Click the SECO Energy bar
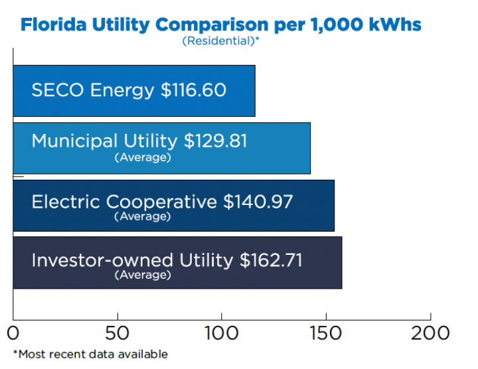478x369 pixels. point(133,90)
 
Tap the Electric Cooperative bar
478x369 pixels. point(173,205)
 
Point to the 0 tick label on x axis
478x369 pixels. point(14,332)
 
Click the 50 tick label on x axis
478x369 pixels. point(118,332)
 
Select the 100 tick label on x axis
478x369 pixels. point(222,332)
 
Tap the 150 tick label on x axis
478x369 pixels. point(326,332)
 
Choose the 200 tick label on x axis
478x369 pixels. point(430,332)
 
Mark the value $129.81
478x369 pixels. point(215,141)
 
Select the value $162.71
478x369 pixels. point(270,259)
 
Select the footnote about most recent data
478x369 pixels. point(90,354)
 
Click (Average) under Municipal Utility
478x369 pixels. point(142,157)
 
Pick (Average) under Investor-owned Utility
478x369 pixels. point(142,275)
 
